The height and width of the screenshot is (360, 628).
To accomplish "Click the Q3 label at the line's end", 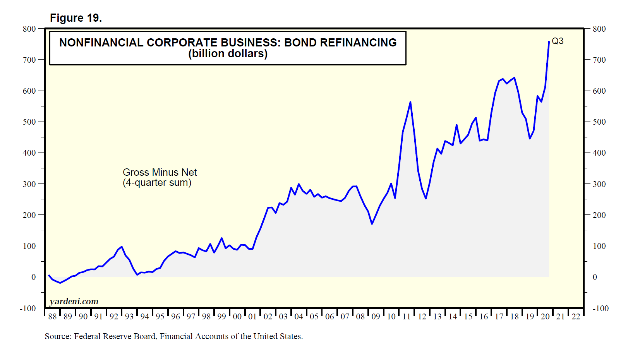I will click(557, 41).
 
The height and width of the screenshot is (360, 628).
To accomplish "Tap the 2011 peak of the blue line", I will click(410, 102).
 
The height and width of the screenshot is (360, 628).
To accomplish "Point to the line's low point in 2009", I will click(372, 224).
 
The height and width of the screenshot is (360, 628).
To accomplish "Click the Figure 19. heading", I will click(76, 18).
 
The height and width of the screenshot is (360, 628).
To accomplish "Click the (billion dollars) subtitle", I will click(228, 53).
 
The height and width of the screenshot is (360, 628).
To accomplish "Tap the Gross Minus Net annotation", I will click(160, 172).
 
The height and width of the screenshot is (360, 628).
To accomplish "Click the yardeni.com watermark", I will click(74, 301).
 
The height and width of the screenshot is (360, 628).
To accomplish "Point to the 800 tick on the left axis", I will click(29, 29).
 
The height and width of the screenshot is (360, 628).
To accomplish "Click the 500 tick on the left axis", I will click(29, 122).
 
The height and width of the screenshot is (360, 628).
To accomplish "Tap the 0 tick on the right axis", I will click(595, 277).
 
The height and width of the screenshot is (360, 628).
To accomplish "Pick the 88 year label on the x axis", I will click(52, 317).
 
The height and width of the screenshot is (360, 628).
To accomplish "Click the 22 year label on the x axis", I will click(576, 317).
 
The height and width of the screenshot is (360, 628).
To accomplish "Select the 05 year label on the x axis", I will click(314, 317).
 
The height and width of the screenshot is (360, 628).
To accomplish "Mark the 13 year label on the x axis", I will click(437, 317).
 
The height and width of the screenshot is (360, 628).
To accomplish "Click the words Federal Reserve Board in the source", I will click(115, 336).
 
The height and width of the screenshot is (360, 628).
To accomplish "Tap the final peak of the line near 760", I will click(549, 42).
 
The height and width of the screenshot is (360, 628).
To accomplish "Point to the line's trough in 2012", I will click(426, 198).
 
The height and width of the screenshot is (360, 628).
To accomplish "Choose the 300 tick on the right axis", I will click(599, 184).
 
